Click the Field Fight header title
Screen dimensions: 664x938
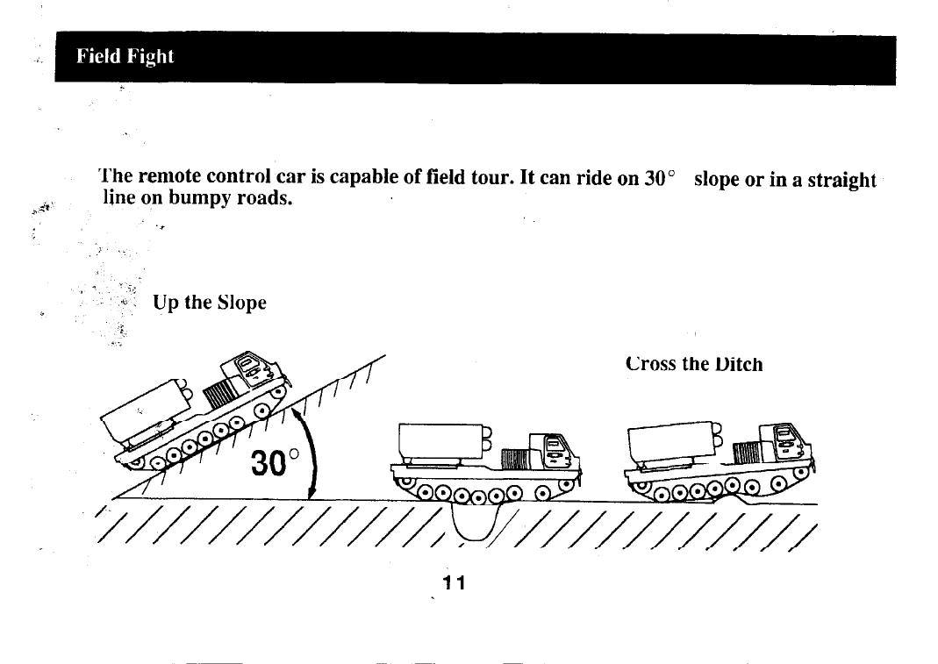(x=125, y=57)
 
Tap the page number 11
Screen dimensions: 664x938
(x=453, y=583)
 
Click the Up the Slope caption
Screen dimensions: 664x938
(x=210, y=303)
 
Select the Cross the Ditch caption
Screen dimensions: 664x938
(x=694, y=364)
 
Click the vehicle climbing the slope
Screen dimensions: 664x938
(x=197, y=412)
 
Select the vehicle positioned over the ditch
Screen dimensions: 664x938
(x=488, y=463)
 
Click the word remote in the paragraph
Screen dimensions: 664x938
(x=172, y=179)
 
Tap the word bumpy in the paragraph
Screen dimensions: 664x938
(x=193, y=198)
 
